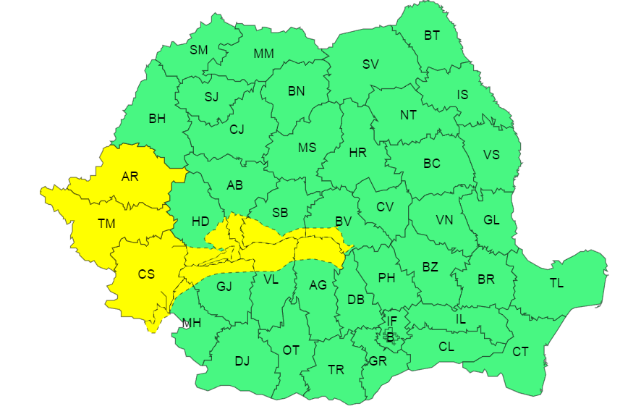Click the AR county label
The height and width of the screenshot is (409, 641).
130,176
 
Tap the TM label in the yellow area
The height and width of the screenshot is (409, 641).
106,224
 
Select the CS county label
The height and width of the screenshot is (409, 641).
146,274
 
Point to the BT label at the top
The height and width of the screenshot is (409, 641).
432,35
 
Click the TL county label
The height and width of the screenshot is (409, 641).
556,283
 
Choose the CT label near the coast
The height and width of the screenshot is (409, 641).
520,352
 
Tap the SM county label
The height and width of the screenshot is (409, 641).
198,50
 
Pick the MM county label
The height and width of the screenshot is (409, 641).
263,54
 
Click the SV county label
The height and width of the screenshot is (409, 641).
370,64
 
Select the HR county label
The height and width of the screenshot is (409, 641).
357,153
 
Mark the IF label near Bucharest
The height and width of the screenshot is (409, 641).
391,321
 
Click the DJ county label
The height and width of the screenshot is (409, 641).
242,361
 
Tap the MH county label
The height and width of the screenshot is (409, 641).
191,323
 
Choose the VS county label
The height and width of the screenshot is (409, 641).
491,155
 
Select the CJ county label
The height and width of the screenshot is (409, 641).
237,130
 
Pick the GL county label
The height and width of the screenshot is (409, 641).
491,220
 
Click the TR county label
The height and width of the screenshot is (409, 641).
336,370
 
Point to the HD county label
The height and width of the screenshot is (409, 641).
200,221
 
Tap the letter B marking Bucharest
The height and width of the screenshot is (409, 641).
389,336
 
